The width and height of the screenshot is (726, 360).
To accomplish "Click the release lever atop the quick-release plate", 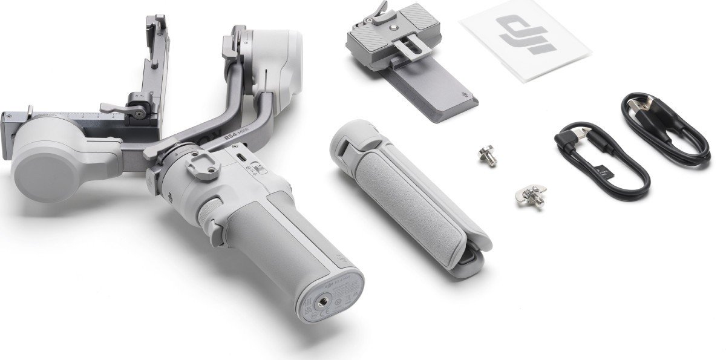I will click(378, 10).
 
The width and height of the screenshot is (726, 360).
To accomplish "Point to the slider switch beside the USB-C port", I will click(260, 170).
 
